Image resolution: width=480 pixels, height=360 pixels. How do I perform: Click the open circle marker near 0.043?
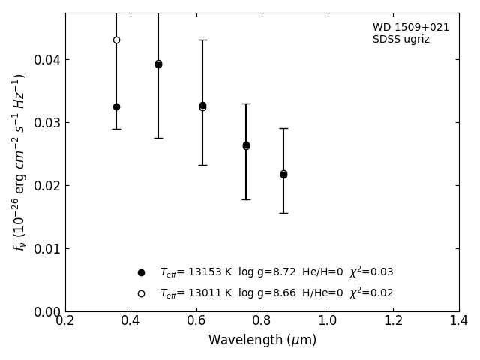click(x=116, y=40)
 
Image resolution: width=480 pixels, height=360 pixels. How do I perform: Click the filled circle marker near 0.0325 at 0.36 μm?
click(x=116, y=106)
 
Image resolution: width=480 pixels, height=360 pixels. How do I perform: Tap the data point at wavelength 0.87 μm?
click(x=283, y=174)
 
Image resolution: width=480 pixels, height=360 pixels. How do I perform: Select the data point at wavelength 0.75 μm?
click(x=246, y=145)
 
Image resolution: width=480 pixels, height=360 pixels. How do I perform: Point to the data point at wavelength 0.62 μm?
click(x=202, y=106)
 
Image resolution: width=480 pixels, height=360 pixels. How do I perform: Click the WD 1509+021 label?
click(x=411, y=28)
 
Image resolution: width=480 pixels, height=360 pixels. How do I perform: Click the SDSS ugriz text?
click(x=401, y=40)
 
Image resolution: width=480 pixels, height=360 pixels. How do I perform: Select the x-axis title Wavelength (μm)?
click(x=262, y=340)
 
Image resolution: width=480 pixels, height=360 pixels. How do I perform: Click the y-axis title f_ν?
click(x=19, y=162)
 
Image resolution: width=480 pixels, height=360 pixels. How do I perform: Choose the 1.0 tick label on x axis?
click(x=328, y=321)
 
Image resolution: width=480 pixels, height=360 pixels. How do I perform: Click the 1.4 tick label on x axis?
click(x=459, y=321)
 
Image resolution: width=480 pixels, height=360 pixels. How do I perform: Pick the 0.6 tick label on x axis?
click(x=196, y=321)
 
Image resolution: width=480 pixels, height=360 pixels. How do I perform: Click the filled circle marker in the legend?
click(x=141, y=272)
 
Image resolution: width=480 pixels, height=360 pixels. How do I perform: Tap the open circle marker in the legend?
click(x=141, y=293)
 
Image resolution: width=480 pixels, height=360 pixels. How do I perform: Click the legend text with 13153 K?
click(x=276, y=272)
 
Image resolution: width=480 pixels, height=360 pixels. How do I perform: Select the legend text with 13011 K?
click(x=276, y=293)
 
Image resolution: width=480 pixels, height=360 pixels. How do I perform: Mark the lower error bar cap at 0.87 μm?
click(x=283, y=213)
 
